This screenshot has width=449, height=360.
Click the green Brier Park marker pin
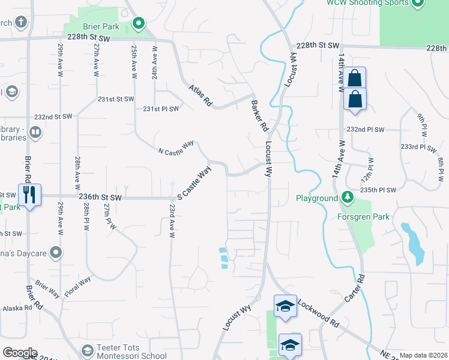pos(139,24)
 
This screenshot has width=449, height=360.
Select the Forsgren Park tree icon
pos(347,197)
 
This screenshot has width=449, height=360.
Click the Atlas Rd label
pos(200,95)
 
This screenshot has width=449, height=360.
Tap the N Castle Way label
pos(176,148)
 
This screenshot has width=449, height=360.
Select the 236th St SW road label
pos(100,197)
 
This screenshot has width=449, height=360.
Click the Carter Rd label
pos(355,289)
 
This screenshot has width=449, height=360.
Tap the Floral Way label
pos(77,287)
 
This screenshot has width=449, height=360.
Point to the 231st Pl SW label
pos(161,109)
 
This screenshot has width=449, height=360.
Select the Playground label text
pos(317,199)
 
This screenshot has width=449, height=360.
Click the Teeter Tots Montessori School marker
pos(87,350)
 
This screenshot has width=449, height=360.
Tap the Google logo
pos(19,353)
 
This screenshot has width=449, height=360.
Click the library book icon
pos(35,132)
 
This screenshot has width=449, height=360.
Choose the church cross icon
pos(22,23)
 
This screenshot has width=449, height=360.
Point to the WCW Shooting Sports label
pos(363,3)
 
